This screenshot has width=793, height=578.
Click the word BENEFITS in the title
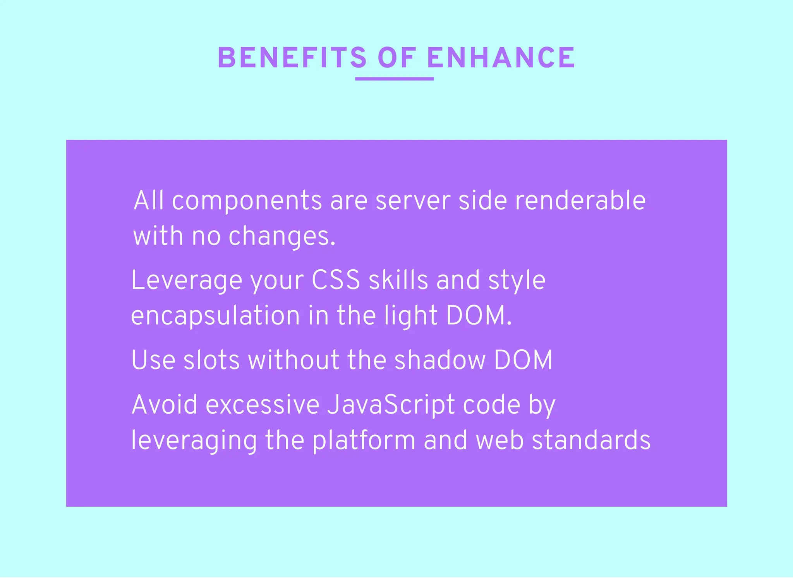292,58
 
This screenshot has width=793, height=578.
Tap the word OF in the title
397,58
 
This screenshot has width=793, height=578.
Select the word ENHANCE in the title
501,58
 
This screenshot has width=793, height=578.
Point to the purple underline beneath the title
394,79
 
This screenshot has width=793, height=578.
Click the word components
247,201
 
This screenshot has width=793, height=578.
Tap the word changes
281,236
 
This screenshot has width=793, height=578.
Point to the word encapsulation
215,316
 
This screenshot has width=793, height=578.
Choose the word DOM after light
479,316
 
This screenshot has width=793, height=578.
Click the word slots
211,360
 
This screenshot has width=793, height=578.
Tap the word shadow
440,360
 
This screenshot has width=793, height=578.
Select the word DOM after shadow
523,360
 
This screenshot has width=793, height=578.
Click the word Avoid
165,405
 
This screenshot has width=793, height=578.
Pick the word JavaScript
391,405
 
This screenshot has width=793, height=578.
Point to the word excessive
263,405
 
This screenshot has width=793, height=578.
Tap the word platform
364,441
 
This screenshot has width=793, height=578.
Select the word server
413,201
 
